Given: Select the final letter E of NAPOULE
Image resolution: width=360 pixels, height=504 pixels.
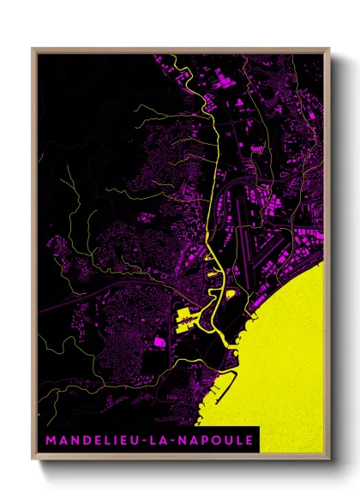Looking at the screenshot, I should coord(248,439).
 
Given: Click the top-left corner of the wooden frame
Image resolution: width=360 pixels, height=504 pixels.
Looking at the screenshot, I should coord(33,49).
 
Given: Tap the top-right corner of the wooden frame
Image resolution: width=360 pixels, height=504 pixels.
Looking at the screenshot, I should coord(329,49).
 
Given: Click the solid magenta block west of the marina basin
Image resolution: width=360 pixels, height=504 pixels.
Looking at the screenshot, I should coord(159,343).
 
